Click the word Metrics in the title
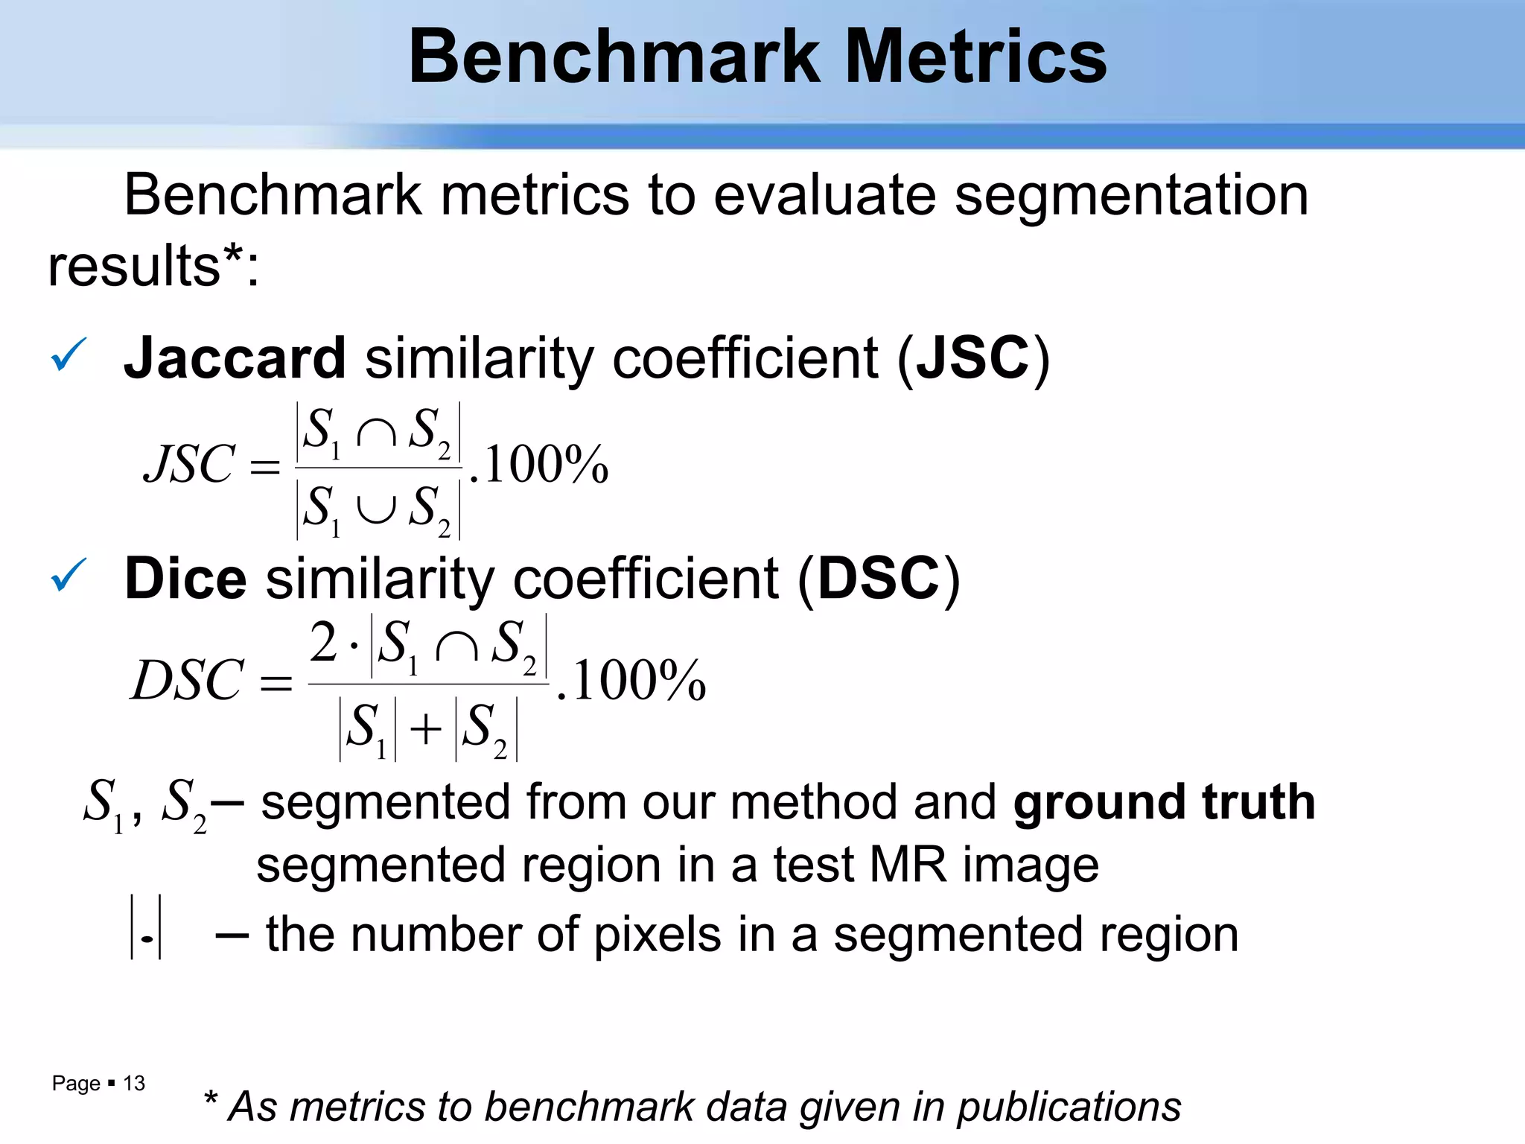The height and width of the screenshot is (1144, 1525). tap(976, 57)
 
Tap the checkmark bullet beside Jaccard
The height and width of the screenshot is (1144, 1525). tap(69, 355)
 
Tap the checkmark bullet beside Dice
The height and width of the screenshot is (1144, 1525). tap(69, 576)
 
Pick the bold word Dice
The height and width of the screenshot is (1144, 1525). tap(185, 579)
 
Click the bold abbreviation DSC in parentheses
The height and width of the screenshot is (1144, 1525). tap(879, 579)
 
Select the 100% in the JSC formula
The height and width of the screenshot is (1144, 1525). tap(546, 465)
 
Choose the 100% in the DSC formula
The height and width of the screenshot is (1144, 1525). tap(638, 680)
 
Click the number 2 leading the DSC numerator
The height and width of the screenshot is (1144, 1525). tap(324, 642)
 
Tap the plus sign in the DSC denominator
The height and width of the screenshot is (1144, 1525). tap(426, 728)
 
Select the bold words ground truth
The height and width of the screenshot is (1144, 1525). tap(1164, 803)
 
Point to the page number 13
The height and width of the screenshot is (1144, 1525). tap(134, 1083)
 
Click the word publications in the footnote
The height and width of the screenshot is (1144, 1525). tap(1069, 1107)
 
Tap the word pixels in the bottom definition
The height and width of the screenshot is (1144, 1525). tap(658, 935)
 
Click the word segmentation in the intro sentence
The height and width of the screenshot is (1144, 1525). tap(1131, 196)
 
